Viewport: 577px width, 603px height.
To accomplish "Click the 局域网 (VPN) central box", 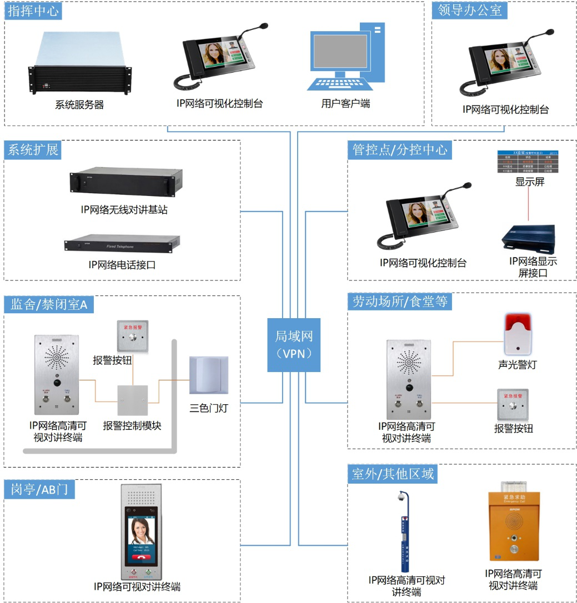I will pyautogui.click(x=294, y=344).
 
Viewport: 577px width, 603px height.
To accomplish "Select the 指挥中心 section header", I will pyautogui.click(x=33, y=11).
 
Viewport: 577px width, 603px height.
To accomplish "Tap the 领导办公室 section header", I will pyautogui.click(x=469, y=11).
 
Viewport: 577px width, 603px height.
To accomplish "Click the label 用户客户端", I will pyautogui.click(x=345, y=103).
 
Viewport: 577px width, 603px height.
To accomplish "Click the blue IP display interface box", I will pyautogui.click(x=529, y=236).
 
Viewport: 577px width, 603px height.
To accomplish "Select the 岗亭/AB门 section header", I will pyautogui.click(x=39, y=489).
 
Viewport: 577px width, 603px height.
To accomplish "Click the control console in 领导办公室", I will pyautogui.click(x=503, y=63).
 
